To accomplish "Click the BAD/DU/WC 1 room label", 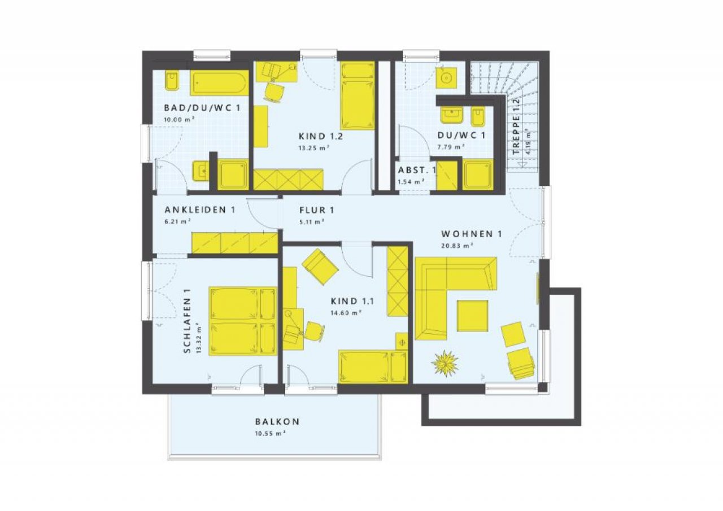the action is coord(202,108).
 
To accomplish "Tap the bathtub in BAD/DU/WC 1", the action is coord(220,83).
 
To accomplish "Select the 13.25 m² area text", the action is coord(313,148).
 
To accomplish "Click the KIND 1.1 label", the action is coord(352,302).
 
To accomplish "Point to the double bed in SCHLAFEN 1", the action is coord(243,321).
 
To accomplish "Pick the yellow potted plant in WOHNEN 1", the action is coord(445,363).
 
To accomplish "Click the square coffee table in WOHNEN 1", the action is coord(472,316).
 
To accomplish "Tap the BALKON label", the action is coord(277,422).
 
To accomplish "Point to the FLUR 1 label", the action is coord(317,211).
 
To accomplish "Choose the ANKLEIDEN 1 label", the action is coord(200,209).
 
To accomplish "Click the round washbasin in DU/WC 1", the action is coord(447,78).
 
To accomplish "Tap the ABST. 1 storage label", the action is coord(416,170).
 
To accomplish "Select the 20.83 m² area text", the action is coord(457,246).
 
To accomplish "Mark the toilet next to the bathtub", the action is coord(172,81).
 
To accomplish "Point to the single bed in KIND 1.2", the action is coord(358,96).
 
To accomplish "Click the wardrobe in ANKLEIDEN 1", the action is coord(234,243).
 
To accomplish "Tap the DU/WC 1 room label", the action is coord(461,136).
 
